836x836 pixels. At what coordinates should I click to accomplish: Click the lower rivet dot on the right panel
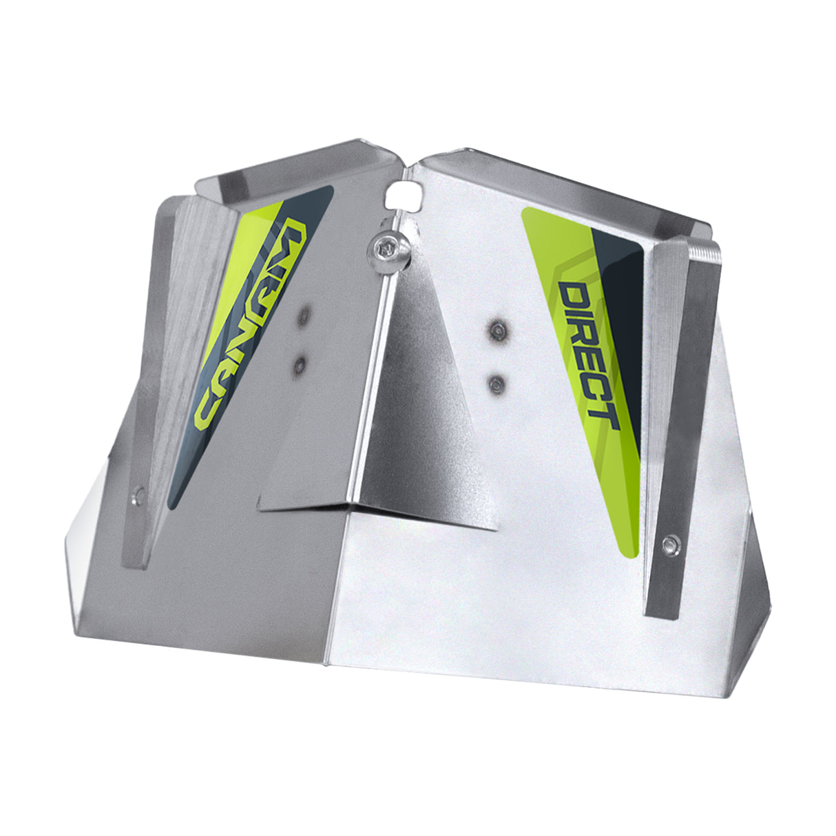click(x=497, y=383)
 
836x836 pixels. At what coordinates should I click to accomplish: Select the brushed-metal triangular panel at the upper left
click(x=200, y=275)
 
